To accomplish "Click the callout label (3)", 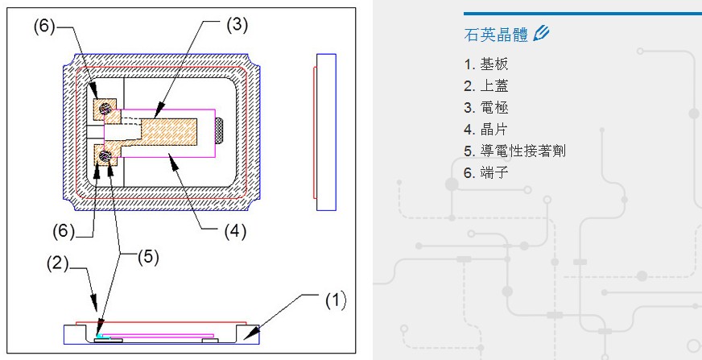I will [x=236, y=25].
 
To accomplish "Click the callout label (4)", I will [x=234, y=232].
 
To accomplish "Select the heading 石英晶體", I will [x=496, y=35].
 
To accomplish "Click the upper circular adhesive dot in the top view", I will [x=105, y=109].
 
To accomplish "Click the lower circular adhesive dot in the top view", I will [x=105, y=155].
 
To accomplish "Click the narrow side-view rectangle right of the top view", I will [x=326, y=132].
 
